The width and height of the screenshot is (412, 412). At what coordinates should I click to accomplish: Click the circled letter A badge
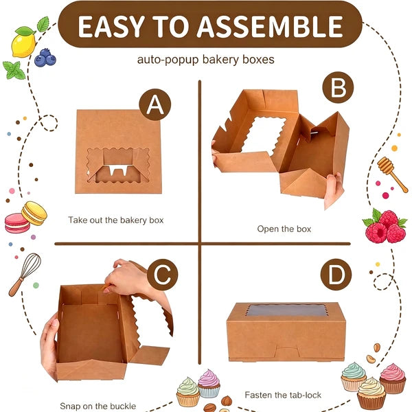click(155, 104)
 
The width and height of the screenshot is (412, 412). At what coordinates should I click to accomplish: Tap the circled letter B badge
click(338, 87)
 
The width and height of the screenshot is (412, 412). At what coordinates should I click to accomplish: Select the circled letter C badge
click(162, 275)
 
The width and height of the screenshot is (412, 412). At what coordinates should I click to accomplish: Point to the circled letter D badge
click(336, 274)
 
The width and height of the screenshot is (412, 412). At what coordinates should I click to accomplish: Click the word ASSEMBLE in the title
click(270, 26)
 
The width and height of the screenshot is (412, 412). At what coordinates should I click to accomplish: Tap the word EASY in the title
click(111, 26)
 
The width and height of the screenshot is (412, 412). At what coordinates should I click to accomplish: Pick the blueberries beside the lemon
click(45, 58)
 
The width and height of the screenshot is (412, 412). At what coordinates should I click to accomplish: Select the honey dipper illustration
click(392, 174)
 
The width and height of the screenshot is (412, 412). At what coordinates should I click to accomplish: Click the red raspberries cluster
click(385, 227)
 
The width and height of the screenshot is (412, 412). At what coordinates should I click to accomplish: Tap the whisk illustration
click(25, 275)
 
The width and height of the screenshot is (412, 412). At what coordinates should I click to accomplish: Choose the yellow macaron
click(34, 214)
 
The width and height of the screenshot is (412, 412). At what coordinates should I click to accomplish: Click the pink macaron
click(17, 223)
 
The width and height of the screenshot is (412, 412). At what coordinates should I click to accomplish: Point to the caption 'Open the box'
click(284, 229)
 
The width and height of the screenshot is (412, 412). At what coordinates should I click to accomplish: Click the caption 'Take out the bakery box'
click(116, 220)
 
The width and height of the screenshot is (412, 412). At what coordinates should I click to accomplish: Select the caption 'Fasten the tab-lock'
click(283, 395)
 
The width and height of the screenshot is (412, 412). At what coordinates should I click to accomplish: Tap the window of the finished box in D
click(287, 310)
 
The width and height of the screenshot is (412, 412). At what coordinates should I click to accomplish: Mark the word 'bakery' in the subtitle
click(220, 60)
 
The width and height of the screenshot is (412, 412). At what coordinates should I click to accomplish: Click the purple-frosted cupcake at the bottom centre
click(209, 384)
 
